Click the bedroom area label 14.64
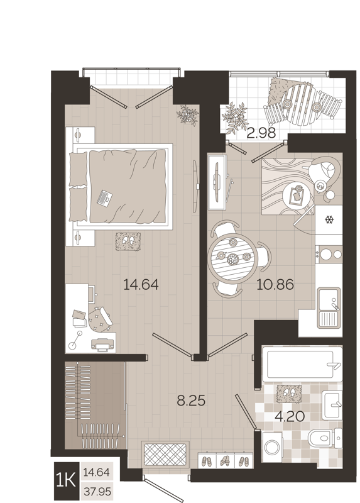(x=141, y=285)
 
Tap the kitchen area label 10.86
(x=275, y=285)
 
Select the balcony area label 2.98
(x=261, y=133)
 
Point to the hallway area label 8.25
(x=191, y=399)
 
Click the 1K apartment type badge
(x=65, y=480)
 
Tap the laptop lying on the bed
(x=104, y=198)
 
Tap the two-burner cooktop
(x=329, y=255)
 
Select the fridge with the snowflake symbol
(x=328, y=219)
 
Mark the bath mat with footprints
(x=288, y=392)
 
